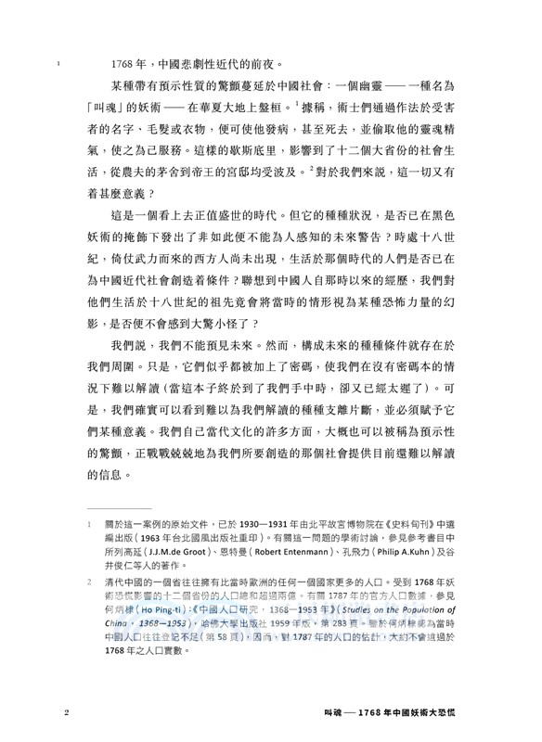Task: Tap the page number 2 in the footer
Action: coord(66,714)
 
